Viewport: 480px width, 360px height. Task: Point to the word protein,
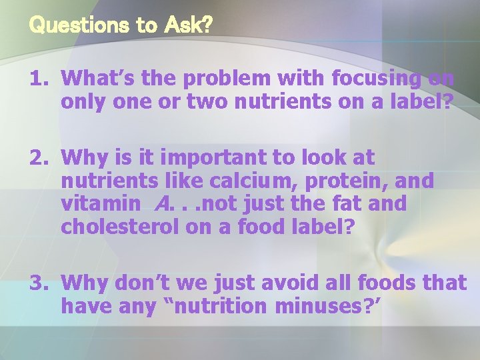click(351, 181)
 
